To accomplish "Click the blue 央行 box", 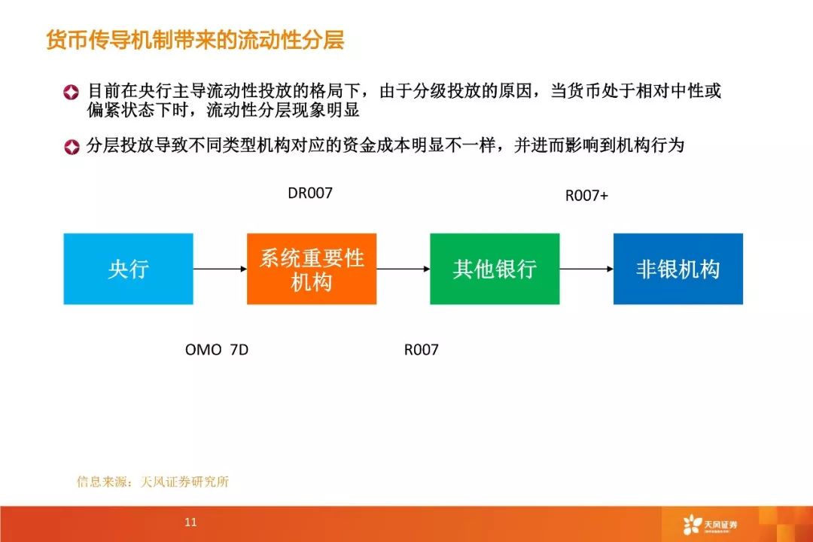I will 128,269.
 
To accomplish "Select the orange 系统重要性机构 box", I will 312,269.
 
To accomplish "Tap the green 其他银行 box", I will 495,269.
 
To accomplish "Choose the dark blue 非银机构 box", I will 677,269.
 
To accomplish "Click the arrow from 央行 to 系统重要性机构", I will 220,269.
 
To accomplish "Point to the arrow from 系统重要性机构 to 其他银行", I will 403,269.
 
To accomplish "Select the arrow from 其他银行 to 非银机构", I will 586,269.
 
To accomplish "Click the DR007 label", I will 309,193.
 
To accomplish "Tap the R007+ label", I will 586,196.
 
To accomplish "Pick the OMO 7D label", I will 217,350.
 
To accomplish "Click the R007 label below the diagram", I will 421,350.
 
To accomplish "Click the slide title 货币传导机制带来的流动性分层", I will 195,40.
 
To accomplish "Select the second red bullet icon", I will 71,147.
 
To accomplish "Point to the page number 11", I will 190,522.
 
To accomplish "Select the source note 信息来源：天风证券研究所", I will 152,482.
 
